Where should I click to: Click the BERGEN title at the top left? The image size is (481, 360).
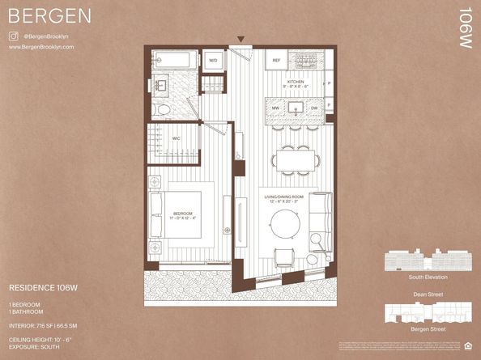pyautogui.click(x=49, y=16)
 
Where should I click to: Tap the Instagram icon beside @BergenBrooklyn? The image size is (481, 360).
pyautogui.click(x=14, y=36)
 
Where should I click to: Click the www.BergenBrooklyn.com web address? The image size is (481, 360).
pyautogui.click(x=41, y=47)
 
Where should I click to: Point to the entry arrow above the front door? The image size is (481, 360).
pyautogui.click(x=240, y=39)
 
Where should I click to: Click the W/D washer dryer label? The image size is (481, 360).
pyautogui.click(x=214, y=60)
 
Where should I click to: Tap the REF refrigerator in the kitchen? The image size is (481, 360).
pyautogui.click(x=276, y=61)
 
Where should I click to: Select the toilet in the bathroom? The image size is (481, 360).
pyautogui.click(x=162, y=109)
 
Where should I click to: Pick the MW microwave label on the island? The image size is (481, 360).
pyautogui.click(x=275, y=107)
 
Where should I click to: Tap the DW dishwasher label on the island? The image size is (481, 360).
pyautogui.click(x=314, y=107)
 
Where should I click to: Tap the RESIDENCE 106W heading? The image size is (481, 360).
pyautogui.click(x=41, y=287)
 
